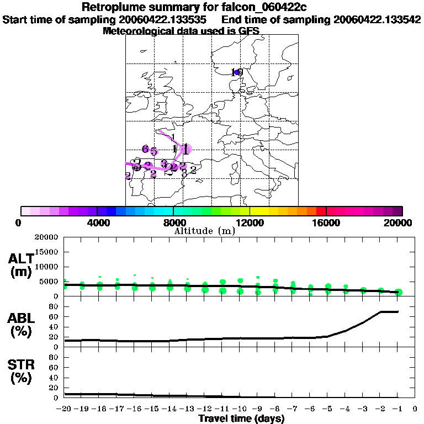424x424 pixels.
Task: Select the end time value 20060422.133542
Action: pos(377,19)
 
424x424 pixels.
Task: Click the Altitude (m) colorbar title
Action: pos(205,231)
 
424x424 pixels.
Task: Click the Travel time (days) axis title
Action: pos(241,419)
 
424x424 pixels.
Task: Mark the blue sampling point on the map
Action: pos(237,72)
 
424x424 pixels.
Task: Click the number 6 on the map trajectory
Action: pos(145,149)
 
